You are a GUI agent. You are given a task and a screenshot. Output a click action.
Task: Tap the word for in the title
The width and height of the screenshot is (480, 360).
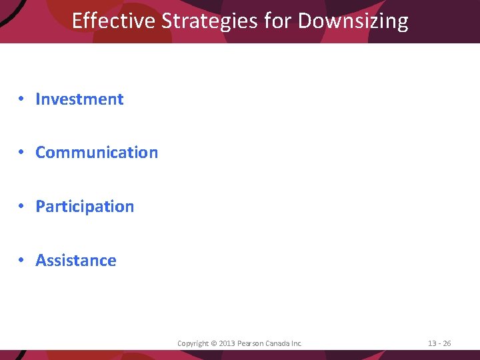coord(278,21)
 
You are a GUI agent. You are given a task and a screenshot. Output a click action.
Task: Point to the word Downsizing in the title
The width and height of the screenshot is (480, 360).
coord(353,21)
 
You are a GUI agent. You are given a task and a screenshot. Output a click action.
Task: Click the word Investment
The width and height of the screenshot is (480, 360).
coord(79,99)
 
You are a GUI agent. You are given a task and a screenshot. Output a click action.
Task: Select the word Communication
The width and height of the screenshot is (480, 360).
coord(97,153)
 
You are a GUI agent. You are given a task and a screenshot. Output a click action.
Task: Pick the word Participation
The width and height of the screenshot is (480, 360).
coord(85,207)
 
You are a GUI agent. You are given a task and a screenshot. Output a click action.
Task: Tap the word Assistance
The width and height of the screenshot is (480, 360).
coord(75,261)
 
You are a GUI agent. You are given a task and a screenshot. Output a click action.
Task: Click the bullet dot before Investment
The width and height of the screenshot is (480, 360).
coord(22,99)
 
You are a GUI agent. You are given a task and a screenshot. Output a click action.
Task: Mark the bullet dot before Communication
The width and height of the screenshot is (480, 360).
coord(22,153)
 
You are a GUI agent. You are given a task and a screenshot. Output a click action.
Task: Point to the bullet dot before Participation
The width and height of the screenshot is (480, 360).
coord(22,207)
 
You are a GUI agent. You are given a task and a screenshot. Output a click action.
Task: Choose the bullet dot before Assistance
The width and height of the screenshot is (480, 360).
coord(22,261)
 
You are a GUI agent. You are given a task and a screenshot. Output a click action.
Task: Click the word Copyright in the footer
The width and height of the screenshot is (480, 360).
coord(193,343)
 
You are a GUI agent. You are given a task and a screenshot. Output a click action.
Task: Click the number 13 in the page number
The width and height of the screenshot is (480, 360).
coord(432,343)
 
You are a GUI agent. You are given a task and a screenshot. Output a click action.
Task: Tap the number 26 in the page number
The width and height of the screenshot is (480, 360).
coord(447,343)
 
